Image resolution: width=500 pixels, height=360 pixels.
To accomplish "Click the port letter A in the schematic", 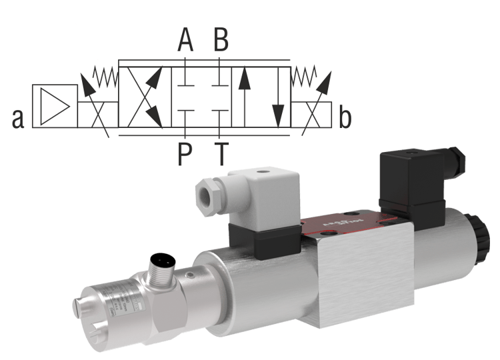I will pyautogui.click(x=185, y=40).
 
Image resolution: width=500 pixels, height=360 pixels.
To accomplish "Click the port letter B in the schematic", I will pyautogui.click(x=221, y=40).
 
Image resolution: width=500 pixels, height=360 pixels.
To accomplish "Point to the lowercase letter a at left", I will pyautogui.click(x=18, y=118).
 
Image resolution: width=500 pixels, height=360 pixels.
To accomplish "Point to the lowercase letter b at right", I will pyautogui.click(x=345, y=118).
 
